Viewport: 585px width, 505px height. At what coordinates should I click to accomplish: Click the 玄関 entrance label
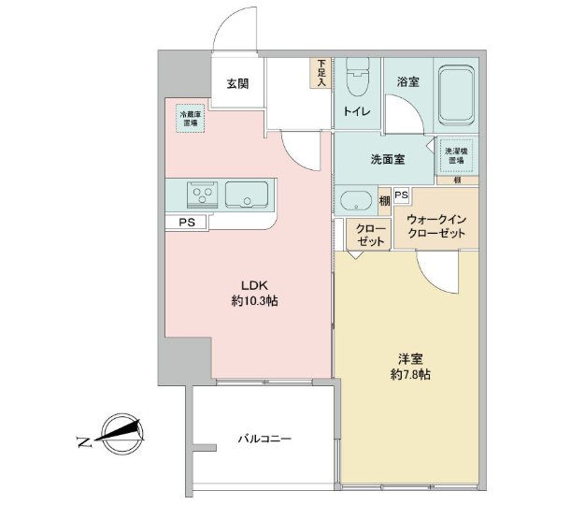[236, 83]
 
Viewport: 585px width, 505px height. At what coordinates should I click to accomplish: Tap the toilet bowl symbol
[356, 83]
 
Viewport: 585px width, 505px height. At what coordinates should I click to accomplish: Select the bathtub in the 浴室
[456, 93]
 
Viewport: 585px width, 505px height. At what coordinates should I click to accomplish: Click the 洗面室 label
[386, 160]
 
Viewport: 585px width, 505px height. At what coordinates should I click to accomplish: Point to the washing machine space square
[456, 155]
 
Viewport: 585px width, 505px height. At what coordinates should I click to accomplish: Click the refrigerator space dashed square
[190, 119]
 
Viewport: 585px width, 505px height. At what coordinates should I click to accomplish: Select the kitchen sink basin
[246, 195]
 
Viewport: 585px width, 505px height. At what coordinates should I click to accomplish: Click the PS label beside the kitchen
[187, 223]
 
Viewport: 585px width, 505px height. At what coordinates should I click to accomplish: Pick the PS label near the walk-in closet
[401, 195]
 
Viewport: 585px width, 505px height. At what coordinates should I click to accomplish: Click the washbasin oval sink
[356, 201]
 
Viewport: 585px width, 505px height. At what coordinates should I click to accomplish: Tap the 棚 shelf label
[384, 201]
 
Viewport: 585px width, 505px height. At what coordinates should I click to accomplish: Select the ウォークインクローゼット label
[435, 226]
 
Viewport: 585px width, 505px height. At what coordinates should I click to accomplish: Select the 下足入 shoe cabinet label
[321, 73]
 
